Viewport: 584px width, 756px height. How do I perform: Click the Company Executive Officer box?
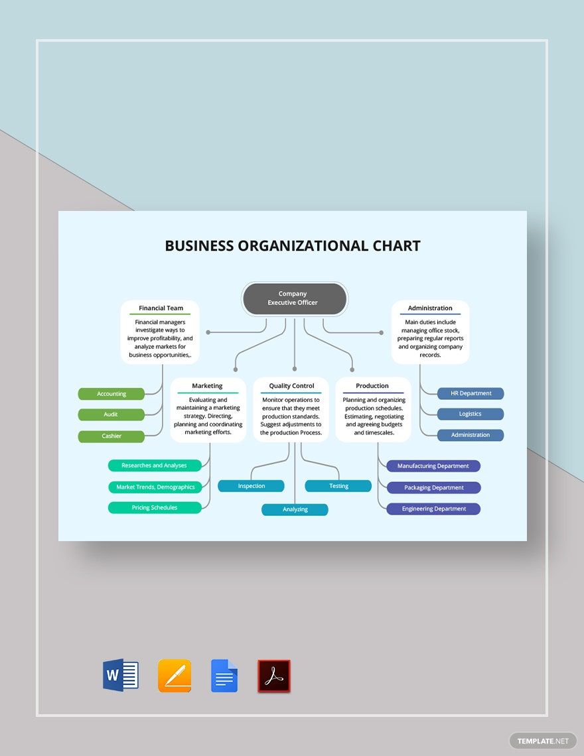293,298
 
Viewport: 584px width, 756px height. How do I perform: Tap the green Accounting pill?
111,394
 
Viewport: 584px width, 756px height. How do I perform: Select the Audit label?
111,414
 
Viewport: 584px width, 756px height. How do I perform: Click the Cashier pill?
111,436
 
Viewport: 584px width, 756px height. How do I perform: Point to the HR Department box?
471,393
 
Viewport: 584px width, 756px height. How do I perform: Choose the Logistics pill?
471,414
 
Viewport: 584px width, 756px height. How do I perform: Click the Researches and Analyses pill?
155,466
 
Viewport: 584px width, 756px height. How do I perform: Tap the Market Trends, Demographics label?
155,487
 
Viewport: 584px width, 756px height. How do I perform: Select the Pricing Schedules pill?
155,507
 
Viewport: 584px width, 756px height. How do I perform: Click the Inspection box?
252,486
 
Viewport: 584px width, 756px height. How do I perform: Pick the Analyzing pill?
295,509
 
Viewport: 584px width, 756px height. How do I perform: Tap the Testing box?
338,486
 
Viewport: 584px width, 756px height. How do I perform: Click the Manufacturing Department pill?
433,466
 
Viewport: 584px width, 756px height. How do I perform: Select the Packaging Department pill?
433,487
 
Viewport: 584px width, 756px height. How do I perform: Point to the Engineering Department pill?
433,509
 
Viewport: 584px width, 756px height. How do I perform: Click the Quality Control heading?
291,386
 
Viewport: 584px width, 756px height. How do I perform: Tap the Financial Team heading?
161,308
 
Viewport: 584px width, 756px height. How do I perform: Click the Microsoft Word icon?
121,676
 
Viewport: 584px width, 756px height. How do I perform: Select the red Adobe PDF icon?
274,676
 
